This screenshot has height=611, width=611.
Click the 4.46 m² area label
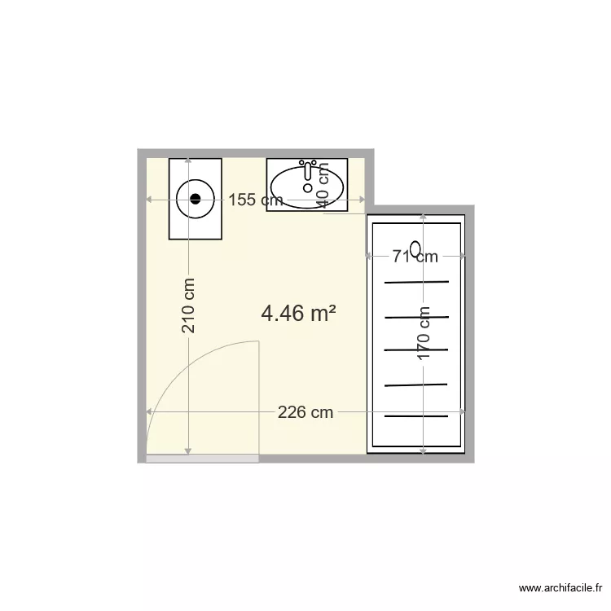(x=299, y=313)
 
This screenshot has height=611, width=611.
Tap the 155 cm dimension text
(x=255, y=200)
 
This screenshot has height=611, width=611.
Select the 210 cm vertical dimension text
(x=188, y=305)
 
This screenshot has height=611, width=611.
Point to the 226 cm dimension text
(x=305, y=412)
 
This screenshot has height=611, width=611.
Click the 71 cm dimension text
(x=415, y=257)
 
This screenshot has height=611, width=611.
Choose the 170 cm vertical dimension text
(x=424, y=335)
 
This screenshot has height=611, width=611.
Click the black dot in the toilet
(x=196, y=198)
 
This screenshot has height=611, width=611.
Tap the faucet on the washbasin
(x=308, y=170)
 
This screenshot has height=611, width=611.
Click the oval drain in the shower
(x=415, y=248)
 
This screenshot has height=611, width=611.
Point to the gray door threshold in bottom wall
(x=202, y=459)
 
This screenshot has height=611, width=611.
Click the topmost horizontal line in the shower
(x=416, y=282)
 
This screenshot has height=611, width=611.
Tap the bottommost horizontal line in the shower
(x=416, y=416)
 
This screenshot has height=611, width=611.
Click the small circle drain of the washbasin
(x=307, y=188)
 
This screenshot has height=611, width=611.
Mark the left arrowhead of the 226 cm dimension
(x=149, y=412)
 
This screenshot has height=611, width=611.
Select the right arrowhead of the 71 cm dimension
(x=462, y=257)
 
